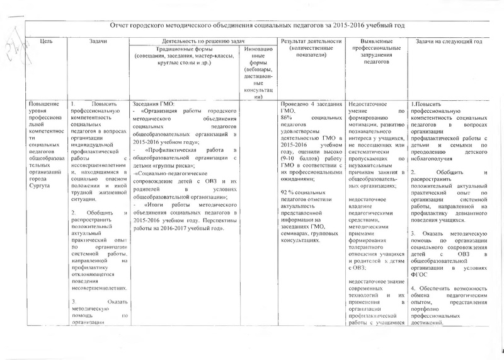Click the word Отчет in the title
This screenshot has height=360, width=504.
point(120,25)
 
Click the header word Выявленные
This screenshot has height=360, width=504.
point(376,41)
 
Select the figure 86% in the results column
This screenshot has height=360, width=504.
point(287,118)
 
